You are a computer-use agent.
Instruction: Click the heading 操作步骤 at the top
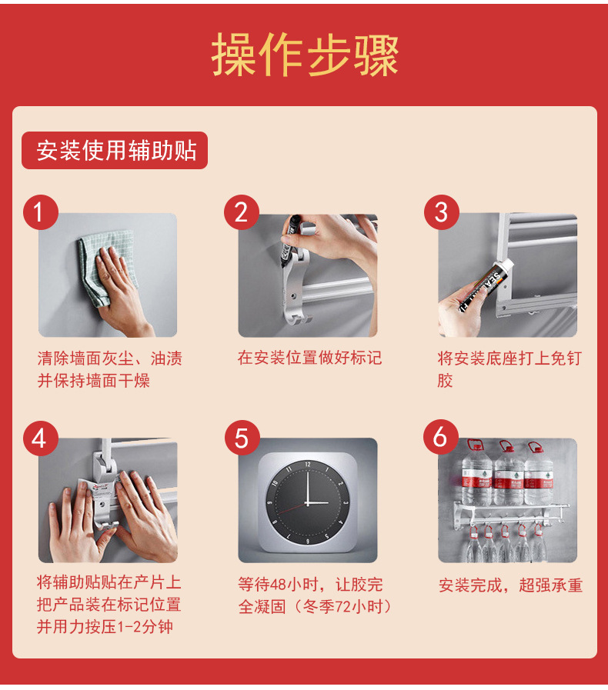[305, 55]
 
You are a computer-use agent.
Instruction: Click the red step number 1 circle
[41, 212]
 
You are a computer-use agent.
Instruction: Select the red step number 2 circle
[241, 212]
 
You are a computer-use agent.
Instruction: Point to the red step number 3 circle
[442, 212]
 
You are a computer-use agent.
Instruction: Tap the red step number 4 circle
[41, 438]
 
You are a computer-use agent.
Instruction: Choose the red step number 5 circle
[242, 438]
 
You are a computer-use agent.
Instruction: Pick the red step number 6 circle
[441, 437]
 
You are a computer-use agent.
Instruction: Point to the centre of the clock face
[307, 502]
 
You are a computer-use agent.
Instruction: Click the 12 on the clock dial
[308, 465]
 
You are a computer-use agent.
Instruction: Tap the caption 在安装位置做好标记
[309, 358]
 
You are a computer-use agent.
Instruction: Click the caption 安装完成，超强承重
[511, 585]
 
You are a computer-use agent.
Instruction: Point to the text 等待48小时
[278, 585]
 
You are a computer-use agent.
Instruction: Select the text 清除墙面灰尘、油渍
[109, 358]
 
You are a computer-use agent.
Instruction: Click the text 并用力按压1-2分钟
[105, 627]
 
